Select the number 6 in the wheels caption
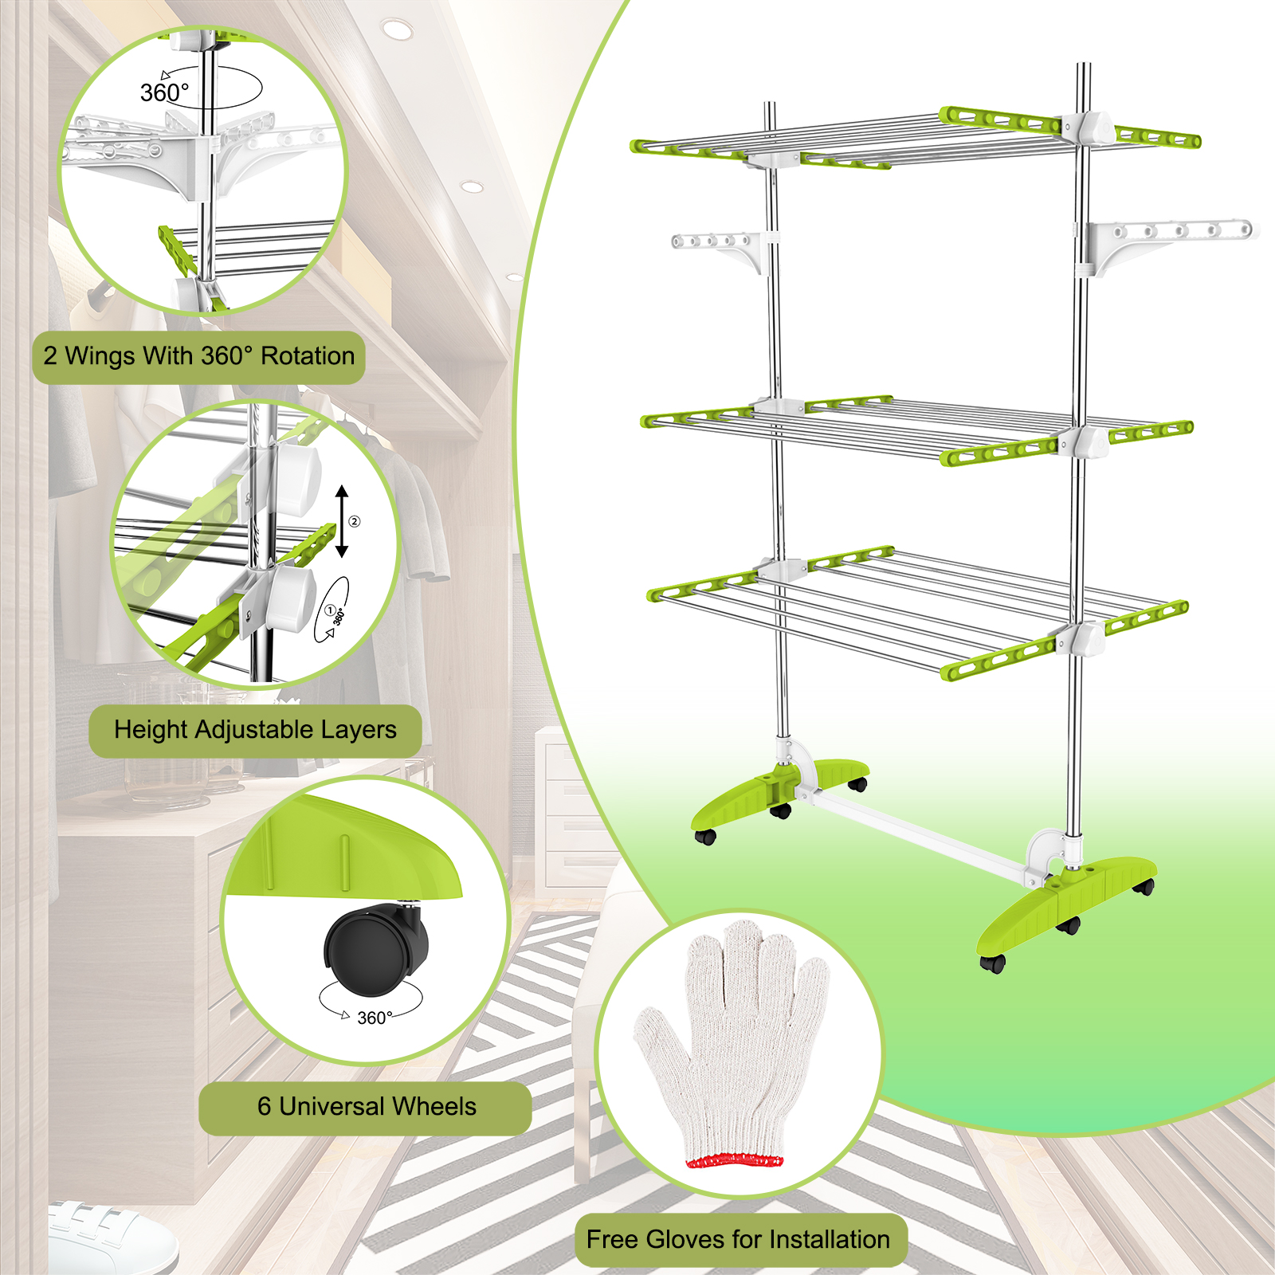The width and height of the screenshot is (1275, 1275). click(264, 1106)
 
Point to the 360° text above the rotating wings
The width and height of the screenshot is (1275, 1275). click(165, 93)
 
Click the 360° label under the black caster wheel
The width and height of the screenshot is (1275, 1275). click(375, 1018)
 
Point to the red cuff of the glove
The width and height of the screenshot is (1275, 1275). click(735, 1160)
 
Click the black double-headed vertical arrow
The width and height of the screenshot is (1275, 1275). click(342, 521)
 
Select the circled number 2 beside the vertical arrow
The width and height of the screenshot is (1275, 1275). click(355, 522)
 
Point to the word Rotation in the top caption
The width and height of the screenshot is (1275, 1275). click(308, 355)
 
